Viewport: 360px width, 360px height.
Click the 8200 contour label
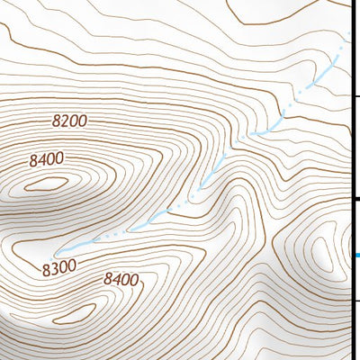coord(69,121)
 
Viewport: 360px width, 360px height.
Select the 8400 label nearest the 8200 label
coord(46,160)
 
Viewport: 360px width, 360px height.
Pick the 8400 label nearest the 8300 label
coord(121,279)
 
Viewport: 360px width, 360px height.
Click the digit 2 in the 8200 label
coord(64,121)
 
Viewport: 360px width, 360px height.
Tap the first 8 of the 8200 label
coord(56,121)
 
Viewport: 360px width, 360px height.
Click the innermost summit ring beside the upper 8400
coord(47,184)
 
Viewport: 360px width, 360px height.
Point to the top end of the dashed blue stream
coord(347,36)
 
